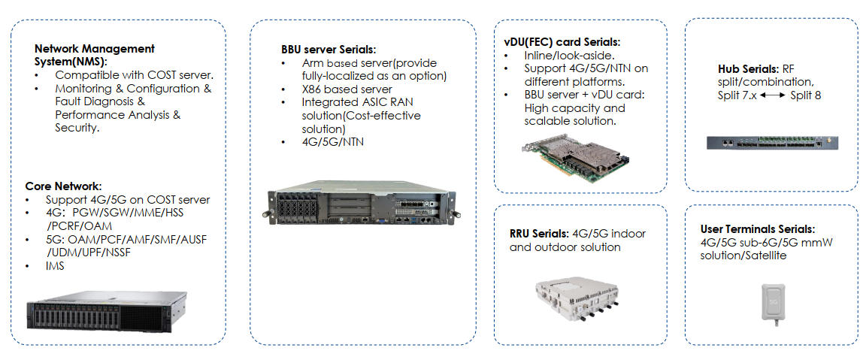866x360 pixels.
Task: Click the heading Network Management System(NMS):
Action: point(94,55)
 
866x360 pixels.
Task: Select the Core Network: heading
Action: point(63,186)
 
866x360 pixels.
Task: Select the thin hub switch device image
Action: point(771,142)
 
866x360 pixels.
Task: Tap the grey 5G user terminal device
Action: point(773,304)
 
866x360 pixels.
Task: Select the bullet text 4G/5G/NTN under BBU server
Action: point(332,141)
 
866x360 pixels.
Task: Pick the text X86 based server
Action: point(347,89)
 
